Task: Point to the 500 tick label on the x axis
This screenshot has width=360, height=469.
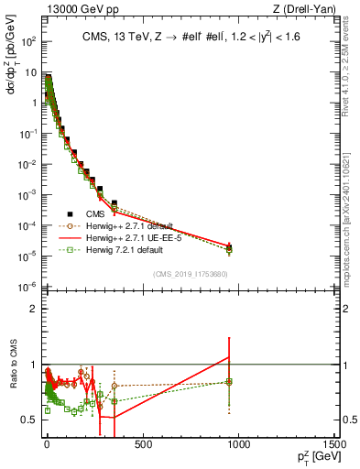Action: (142, 444)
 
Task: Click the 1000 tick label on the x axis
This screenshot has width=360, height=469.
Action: (239, 444)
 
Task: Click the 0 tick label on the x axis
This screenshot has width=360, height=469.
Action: (46, 444)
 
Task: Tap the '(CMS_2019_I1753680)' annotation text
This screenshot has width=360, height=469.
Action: (191, 273)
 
